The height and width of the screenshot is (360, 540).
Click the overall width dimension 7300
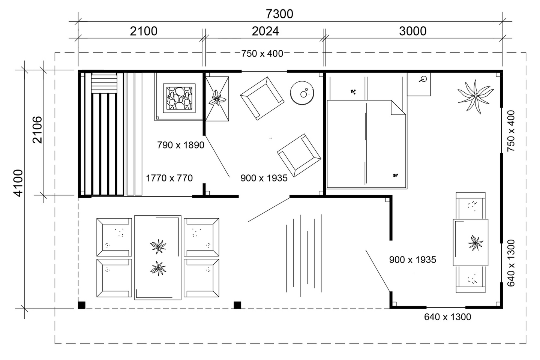(279, 14)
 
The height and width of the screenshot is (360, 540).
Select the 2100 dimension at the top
(143, 31)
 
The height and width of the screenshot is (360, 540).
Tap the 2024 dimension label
(265, 31)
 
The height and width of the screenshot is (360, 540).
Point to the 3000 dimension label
(412, 31)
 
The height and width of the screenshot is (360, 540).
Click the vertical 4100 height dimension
(18, 183)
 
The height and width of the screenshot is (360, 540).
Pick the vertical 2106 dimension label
(37, 130)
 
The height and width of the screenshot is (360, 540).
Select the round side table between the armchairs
(302, 92)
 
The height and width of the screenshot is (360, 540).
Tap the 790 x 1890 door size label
(180, 145)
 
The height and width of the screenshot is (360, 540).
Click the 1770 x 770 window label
(169, 178)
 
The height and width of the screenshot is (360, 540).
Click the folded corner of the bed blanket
(397, 108)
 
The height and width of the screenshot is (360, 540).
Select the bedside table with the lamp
(419, 84)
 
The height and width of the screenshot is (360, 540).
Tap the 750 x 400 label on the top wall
(262, 54)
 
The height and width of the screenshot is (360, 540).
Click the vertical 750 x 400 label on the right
(511, 131)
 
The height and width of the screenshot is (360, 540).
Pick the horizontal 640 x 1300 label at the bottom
(447, 317)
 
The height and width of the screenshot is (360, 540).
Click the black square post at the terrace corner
(82, 305)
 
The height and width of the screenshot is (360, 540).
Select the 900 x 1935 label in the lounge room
(264, 178)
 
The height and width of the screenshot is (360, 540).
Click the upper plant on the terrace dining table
(158, 246)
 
